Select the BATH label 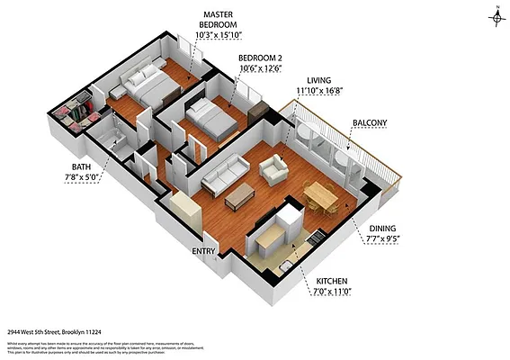(x=82, y=167)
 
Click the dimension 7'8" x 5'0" (x=82, y=178)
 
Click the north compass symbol (x=496, y=15)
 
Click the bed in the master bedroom (x=151, y=87)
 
